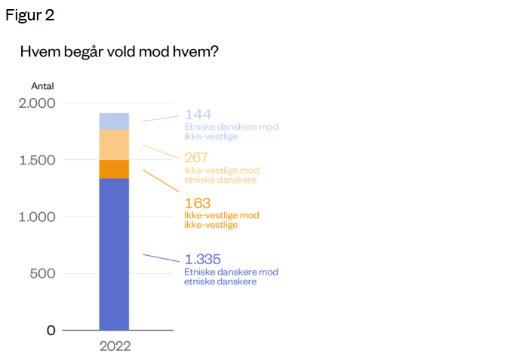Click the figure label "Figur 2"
tap(30, 15)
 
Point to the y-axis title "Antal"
tap(42, 86)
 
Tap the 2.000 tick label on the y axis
tap(36, 103)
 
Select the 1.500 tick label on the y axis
tap(37, 160)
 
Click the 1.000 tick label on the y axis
tap(37, 217)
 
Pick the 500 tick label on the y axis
tap(43, 273)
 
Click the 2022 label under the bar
tap(115, 347)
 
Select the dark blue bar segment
tap(114, 254)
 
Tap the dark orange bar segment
tap(114, 169)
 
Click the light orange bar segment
tap(114, 145)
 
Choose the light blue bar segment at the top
tap(114, 121)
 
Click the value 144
tap(198, 115)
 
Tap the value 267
tap(198, 158)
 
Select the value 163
tap(198, 203)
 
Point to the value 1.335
tap(203, 259)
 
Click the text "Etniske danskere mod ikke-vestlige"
tap(231, 131)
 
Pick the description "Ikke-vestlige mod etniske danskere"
tap(221, 175)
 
